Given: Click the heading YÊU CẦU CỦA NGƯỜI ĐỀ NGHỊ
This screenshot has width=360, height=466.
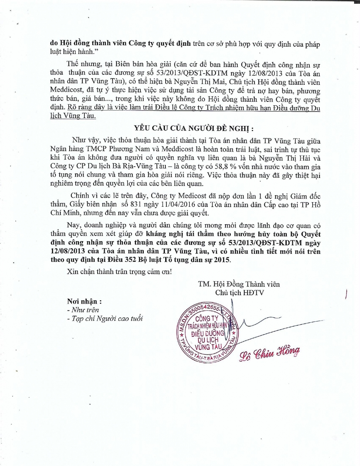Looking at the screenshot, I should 194,128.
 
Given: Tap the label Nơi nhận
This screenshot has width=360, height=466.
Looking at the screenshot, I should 84,301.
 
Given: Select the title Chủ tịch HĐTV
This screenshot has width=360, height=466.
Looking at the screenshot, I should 239,293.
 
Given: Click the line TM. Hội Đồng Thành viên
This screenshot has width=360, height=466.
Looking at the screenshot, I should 239,284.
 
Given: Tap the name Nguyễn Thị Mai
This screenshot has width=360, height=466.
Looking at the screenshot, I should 200,82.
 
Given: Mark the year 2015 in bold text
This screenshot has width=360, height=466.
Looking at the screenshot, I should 222,260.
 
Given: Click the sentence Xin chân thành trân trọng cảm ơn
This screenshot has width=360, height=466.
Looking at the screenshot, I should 119,271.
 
